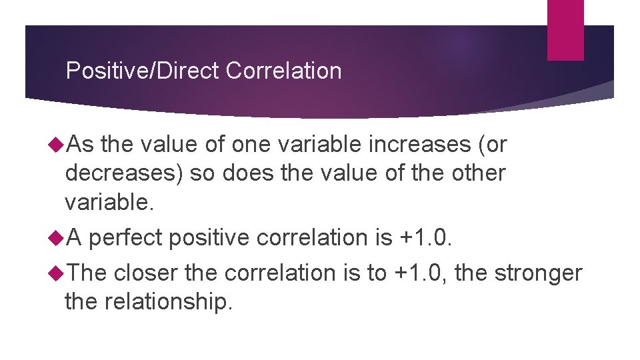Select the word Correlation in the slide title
(283, 71)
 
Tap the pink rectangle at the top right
(565, 29)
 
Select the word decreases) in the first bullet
(125, 173)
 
